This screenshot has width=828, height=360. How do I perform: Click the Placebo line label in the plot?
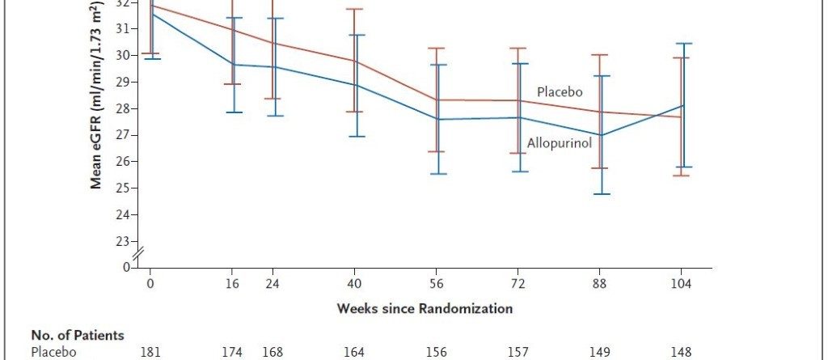click(x=560, y=92)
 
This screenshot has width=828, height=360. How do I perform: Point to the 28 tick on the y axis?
click(x=121, y=108)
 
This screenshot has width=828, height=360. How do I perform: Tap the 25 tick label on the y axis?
click(x=121, y=188)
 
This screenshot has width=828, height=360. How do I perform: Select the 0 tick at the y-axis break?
click(x=125, y=267)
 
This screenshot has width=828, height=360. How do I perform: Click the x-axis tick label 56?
click(x=437, y=285)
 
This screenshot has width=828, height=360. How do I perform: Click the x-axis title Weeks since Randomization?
click(x=425, y=308)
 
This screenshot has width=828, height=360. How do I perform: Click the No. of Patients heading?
click(x=78, y=335)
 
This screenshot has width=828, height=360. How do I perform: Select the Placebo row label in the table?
click(x=53, y=352)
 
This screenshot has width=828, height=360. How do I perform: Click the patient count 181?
click(x=150, y=352)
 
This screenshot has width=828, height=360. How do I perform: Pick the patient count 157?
click(x=518, y=352)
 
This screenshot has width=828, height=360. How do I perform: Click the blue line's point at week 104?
click(x=682, y=105)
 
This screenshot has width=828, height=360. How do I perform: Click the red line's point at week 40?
click(x=355, y=61)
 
